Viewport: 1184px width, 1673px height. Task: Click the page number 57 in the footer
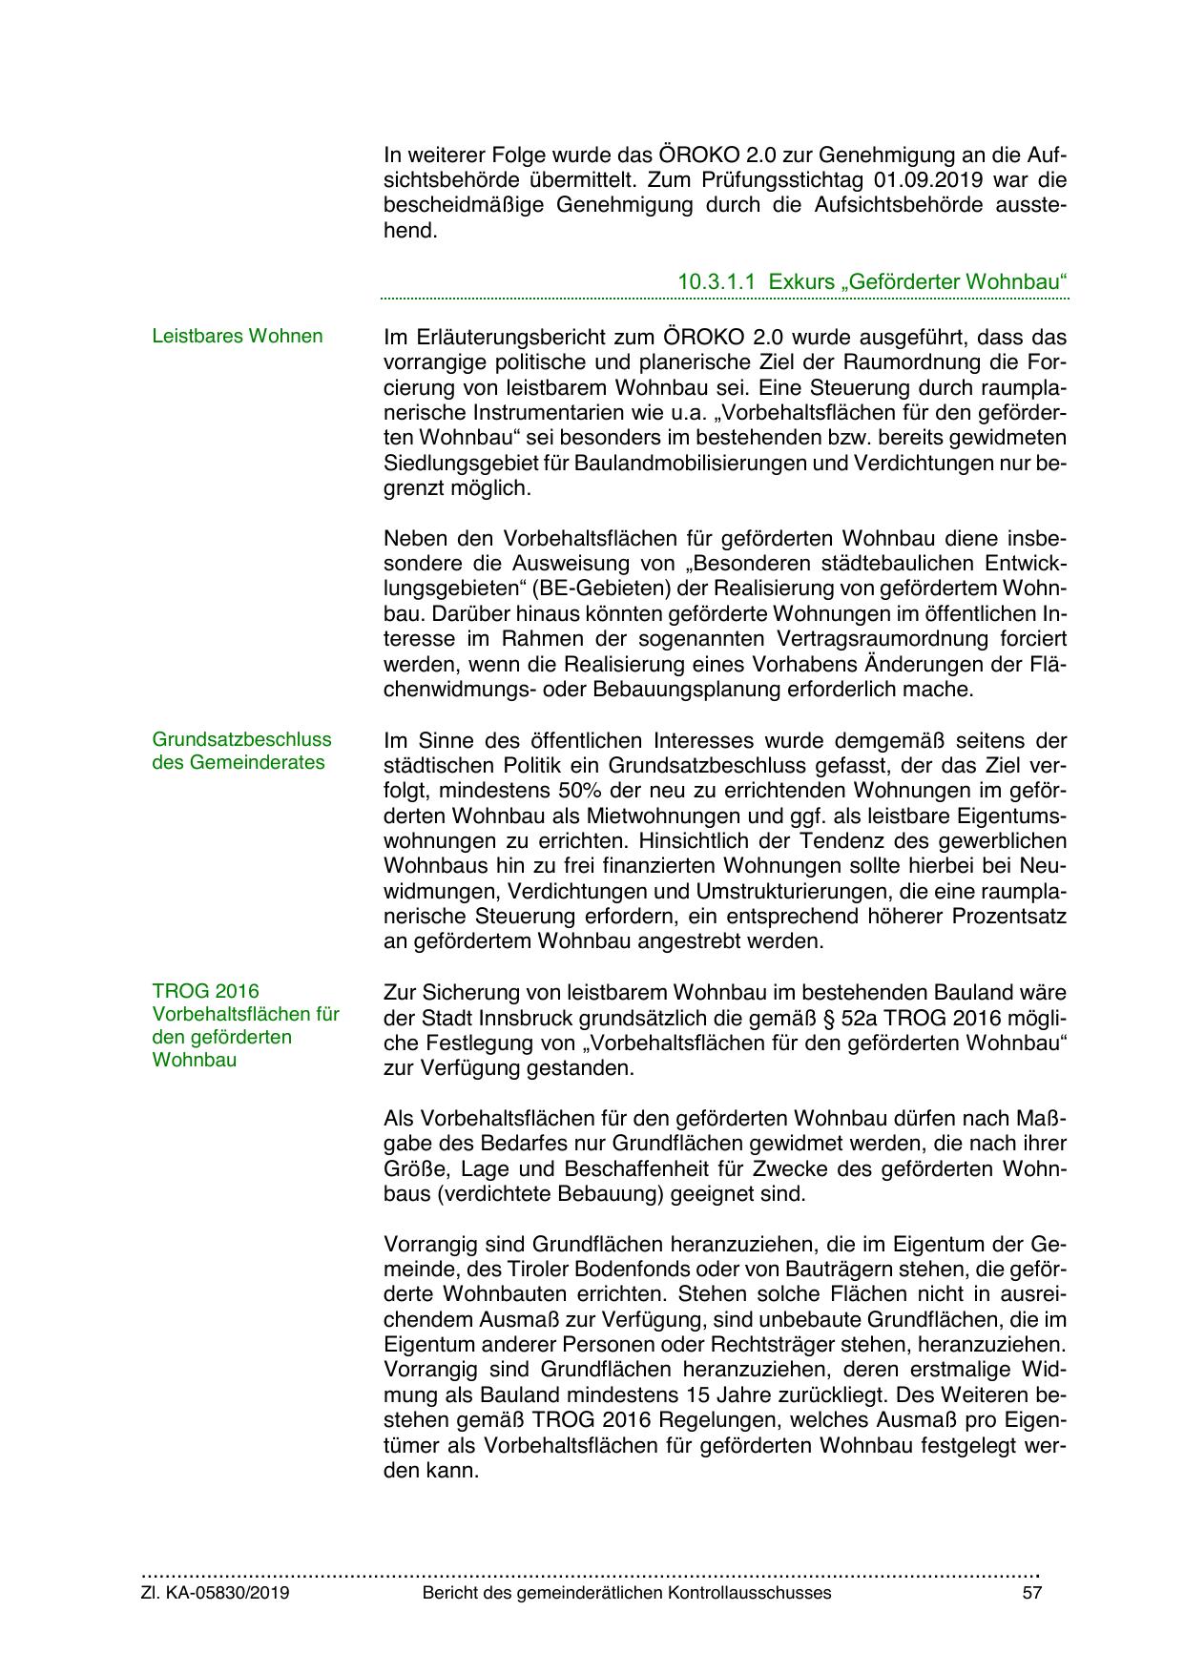tap(1031, 1593)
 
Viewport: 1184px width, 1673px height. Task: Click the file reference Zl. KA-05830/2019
tap(216, 1593)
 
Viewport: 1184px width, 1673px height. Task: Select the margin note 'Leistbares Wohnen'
tap(238, 336)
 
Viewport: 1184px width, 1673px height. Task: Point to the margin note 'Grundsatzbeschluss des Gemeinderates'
tap(242, 751)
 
